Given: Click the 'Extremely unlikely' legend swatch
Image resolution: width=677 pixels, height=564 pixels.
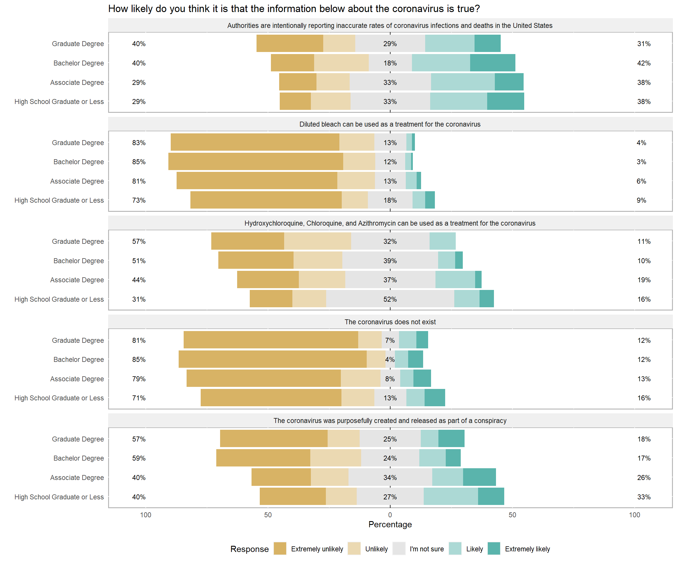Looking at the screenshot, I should [280, 548].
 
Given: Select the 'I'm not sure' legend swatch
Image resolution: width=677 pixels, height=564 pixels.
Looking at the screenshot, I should [399, 548].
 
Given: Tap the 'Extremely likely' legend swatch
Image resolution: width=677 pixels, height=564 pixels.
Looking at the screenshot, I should [494, 548].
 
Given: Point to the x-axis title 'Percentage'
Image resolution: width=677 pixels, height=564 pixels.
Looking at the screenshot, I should [390, 524].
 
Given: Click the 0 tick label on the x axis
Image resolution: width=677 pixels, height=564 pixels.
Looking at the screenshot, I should [390, 515].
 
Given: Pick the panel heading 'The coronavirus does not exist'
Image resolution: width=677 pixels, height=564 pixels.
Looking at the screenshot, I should [390, 322].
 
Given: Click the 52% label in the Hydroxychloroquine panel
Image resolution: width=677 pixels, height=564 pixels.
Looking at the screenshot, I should [390, 299].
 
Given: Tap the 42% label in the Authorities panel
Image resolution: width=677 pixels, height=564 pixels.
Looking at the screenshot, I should [644, 63].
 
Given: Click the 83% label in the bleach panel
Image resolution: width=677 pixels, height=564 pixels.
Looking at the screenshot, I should [139, 142].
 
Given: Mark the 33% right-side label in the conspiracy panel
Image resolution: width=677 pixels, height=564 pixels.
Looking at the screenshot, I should [644, 497].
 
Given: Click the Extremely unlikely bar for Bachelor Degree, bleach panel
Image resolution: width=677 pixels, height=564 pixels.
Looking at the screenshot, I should [256, 162].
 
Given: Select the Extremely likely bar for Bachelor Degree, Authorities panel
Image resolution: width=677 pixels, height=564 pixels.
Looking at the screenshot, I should [492, 63].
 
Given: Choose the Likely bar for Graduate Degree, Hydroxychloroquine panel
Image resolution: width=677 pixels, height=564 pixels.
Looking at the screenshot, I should [442, 241].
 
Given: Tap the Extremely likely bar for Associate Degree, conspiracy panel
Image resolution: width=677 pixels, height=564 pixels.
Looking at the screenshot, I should [479, 477].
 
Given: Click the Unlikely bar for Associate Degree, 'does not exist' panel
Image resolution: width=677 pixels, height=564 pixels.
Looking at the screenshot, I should [361, 378].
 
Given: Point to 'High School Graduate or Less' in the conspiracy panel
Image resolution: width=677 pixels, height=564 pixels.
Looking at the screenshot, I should [59, 497].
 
